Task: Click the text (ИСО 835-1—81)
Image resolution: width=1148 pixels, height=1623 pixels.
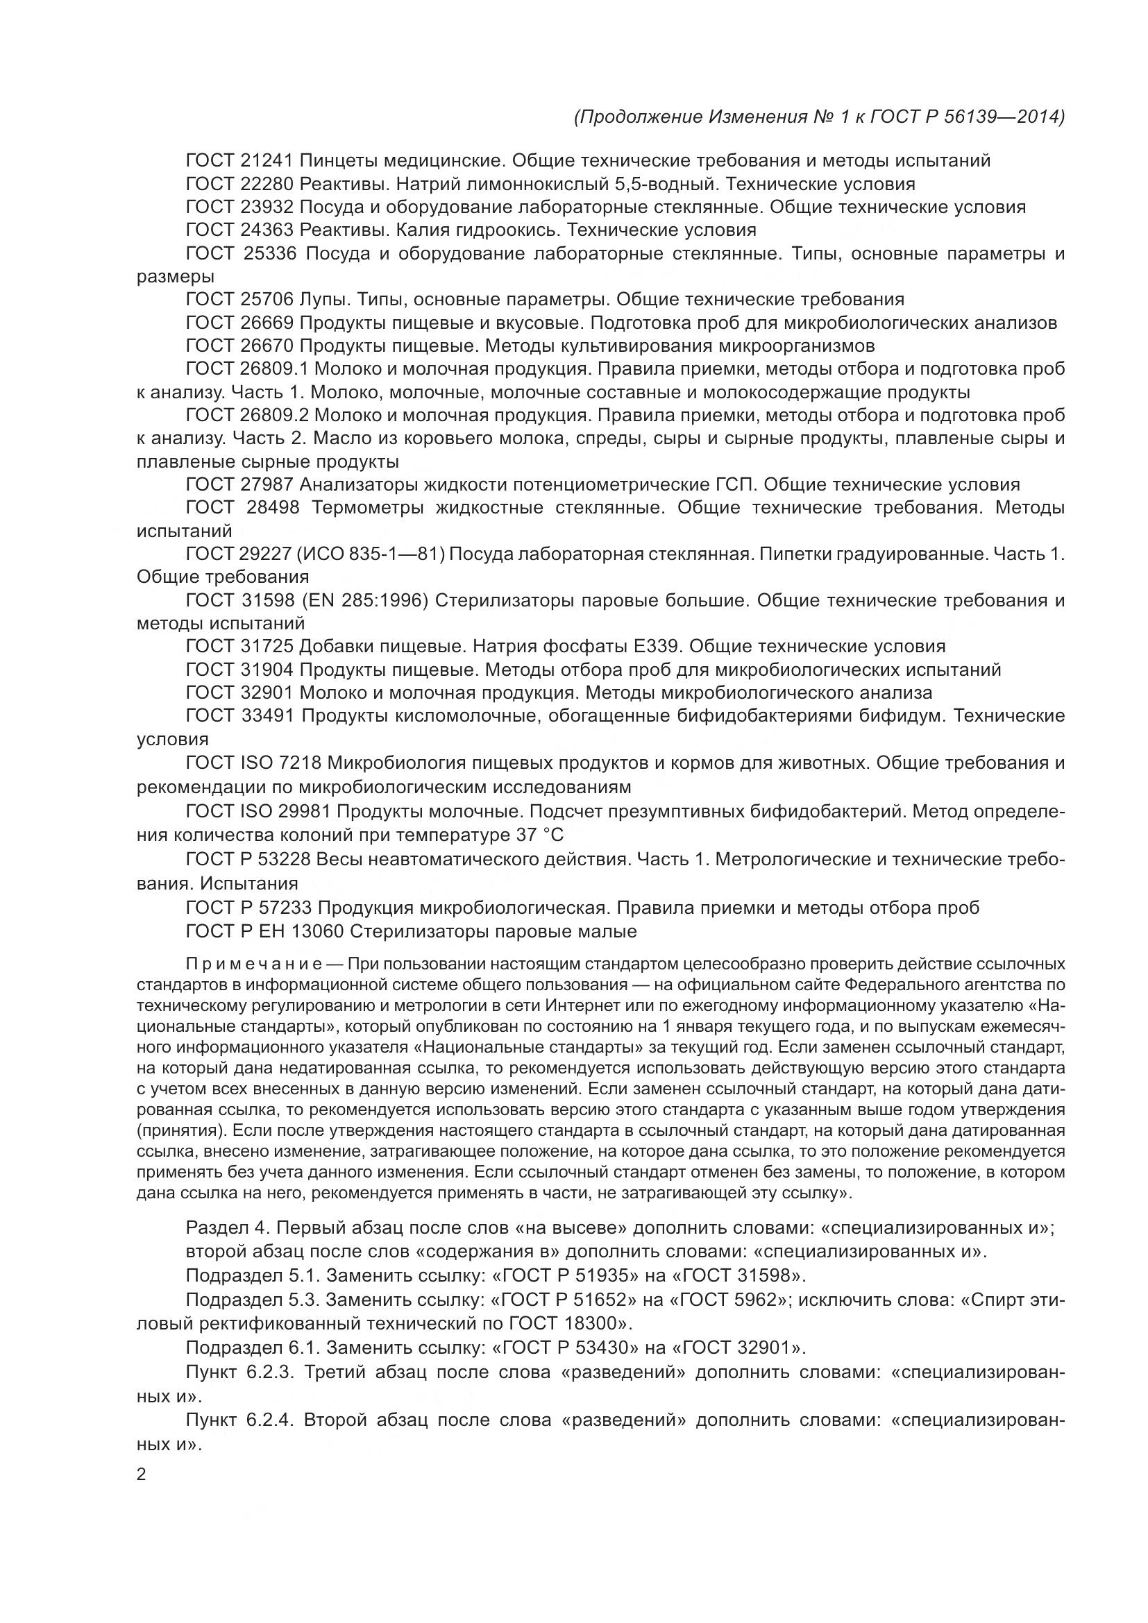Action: [x=373, y=554]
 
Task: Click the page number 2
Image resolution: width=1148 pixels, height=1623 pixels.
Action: [x=142, y=1475]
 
